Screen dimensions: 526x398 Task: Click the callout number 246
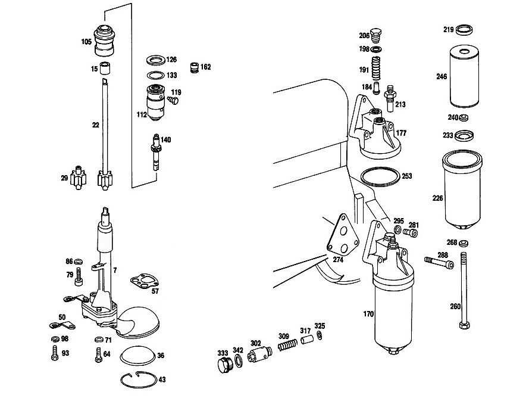[442, 77]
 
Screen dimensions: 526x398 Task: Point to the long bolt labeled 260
[464, 290]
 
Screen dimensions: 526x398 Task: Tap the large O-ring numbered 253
[380, 176]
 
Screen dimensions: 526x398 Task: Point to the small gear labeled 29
[78, 178]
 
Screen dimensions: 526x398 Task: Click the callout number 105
[86, 42]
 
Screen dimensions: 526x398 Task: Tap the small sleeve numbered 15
[107, 68]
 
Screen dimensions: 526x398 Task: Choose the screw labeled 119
[173, 100]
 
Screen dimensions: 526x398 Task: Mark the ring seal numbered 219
[465, 30]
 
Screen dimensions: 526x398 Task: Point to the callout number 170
[368, 314]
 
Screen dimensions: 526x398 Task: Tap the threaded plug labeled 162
[194, 67]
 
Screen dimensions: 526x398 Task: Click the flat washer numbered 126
[156, 60]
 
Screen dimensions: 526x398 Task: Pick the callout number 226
[438, 198]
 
